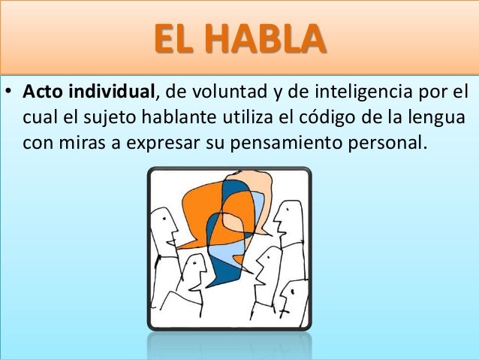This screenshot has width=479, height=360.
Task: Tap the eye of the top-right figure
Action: pyautogui.click(x=283, y=214)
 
